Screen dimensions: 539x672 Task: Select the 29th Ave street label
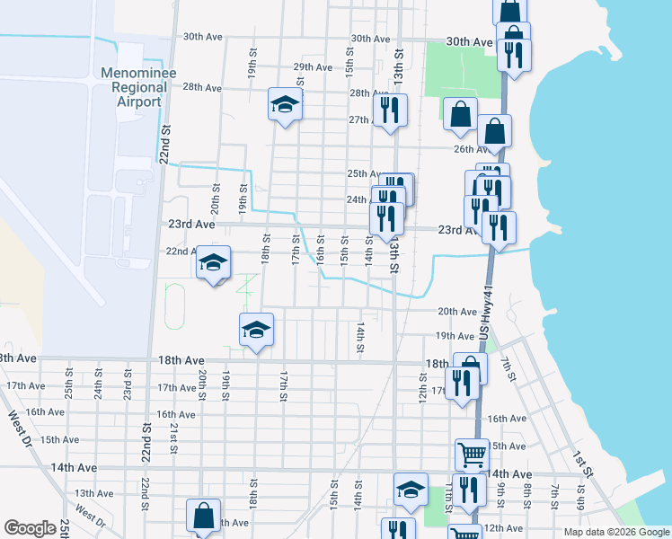(x=313, y=67)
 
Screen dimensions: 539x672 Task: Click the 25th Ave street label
(x=364, y=174)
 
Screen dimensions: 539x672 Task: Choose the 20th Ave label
(x=455, y=312)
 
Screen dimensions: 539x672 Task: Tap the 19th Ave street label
(x=454, y=336)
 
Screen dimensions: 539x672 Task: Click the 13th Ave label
(x=94, y=493)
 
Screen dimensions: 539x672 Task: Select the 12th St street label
(x=421, y=388)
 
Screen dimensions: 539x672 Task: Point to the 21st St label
(x=173, y=439)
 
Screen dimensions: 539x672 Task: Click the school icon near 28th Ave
(x=284, y=106)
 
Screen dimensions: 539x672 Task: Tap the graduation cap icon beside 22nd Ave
(x=213, y=263)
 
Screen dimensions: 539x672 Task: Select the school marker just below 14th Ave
(x=411, y=490)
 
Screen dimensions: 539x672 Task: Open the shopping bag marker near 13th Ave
(x=203, y=517)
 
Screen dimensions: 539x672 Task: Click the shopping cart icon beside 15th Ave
(x=471, y=454)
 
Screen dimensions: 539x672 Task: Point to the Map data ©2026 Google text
(x=615, y=532)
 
